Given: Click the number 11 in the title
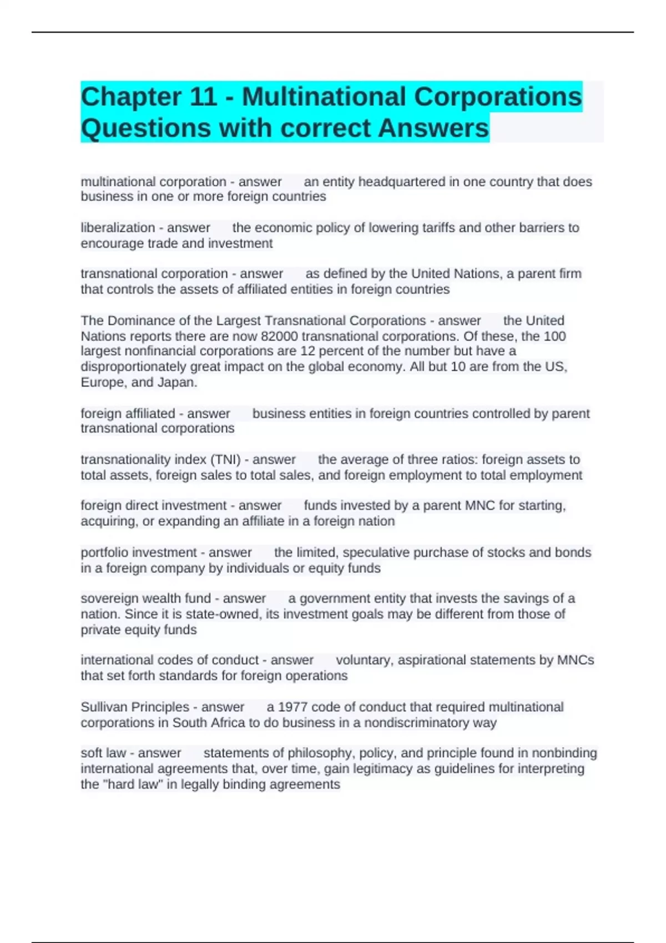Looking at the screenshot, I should [x=203, y=97].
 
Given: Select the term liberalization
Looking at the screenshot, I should [x=118, y=228].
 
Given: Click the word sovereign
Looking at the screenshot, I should [x=109, y=599].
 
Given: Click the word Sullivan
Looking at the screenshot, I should [x=107, y=707].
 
